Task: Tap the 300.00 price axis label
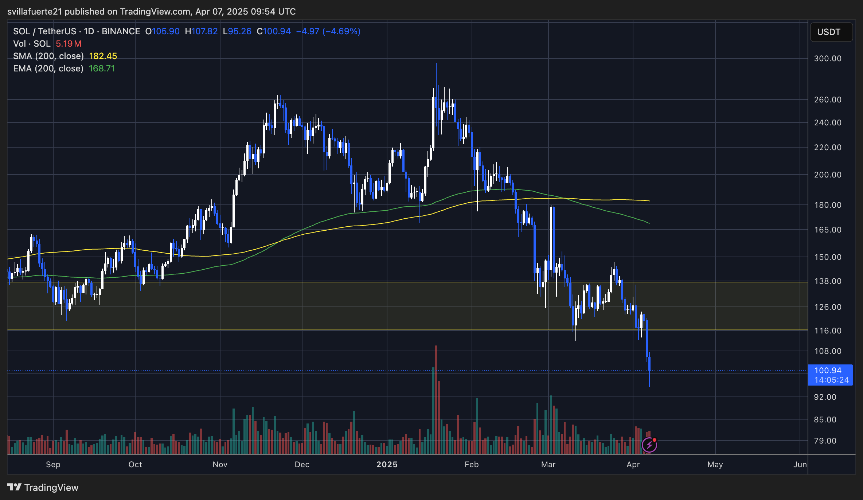pos(828,59)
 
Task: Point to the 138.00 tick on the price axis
pos(828,281)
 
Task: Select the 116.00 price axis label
pos(828,331)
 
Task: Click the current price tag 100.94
pos(828,371)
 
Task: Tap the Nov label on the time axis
pos(220,465)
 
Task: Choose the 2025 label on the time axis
pos(387,465)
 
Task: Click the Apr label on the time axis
pos(633,465)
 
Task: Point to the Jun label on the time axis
pos(800,465)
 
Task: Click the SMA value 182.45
pos(103,56)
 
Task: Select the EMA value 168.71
pos(102,69)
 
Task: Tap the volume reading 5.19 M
pos(69,44)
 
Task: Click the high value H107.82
pos(201,31)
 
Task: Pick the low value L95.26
pos(237,31)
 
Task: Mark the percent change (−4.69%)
pos(341,31)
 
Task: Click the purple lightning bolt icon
pos(649,445)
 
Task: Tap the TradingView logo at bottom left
pos(43,488)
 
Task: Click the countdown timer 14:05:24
pos(831,380)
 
